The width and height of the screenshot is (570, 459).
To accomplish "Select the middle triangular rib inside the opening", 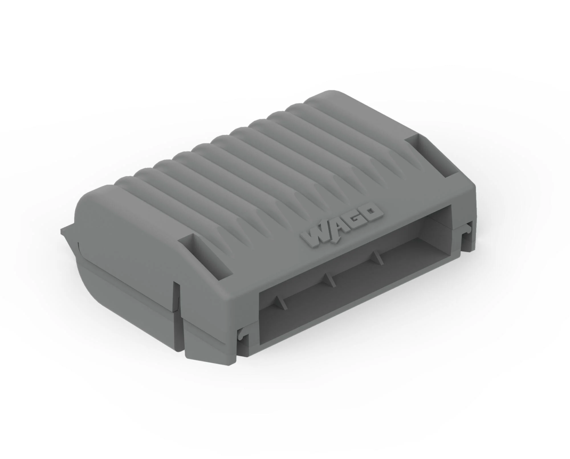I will point(327,280).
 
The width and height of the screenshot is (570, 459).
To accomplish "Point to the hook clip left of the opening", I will point(241,335).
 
